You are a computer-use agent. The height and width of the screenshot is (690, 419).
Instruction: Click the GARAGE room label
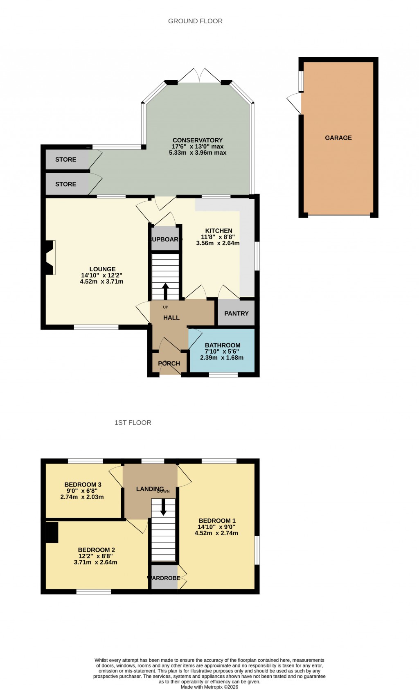click(338, 138)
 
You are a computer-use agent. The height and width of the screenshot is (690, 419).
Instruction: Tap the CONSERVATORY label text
click(197, 140)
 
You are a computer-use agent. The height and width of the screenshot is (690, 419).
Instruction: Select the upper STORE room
click(66, 160)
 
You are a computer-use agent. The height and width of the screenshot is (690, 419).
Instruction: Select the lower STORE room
click(66, 184)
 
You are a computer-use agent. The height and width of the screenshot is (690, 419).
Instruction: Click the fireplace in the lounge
click(50, 257)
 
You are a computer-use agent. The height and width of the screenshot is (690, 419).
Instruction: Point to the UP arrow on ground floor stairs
click(165, 291)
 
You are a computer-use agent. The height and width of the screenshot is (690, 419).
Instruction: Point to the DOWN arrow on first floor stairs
click(163, 508)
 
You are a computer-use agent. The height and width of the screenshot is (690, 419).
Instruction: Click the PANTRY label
click(236, 313)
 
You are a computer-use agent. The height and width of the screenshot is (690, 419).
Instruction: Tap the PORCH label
click(169, 363)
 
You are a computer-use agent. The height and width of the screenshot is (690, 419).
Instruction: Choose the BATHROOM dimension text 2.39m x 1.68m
click(221, 358)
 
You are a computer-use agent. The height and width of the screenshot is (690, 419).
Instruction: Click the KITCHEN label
click(219, 231)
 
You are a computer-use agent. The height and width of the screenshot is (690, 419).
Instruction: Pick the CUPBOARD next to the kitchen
click(164, 239)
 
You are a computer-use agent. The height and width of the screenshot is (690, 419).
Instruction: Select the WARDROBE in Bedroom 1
click(164, 578)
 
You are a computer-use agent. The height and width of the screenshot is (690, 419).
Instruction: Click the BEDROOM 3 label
click(83, 485)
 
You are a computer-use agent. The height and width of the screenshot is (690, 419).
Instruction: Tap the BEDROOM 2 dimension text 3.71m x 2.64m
click(95, 562)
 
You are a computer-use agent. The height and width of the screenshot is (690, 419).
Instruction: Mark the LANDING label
click(150, 489)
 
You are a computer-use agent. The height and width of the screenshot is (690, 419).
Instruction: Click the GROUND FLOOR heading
click(195, 21)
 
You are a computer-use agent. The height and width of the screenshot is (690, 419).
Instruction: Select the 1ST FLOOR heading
click(133, 423)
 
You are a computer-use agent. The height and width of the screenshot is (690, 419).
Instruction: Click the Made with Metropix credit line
click(209, 687)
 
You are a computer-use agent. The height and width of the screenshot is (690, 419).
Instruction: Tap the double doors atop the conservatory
click(200, 76)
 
